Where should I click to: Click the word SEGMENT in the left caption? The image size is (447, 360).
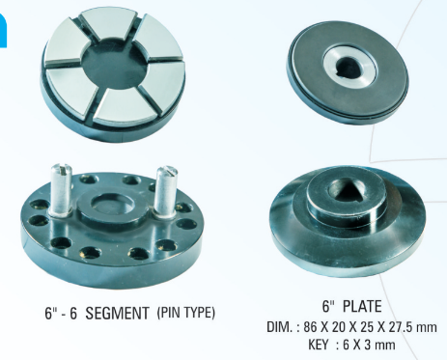click(x=117, y=313)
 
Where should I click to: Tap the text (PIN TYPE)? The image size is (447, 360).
click(x=186, y=313)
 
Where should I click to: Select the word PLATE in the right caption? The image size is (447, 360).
click(x=362, y=306)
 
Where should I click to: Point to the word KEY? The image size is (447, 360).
click(x=319, y=345)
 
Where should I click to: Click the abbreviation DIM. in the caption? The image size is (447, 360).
click(x=280, y=327)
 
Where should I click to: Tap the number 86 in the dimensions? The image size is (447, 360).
click(x=310, y=327)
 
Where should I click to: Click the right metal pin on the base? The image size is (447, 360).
click(x=165, y=191)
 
